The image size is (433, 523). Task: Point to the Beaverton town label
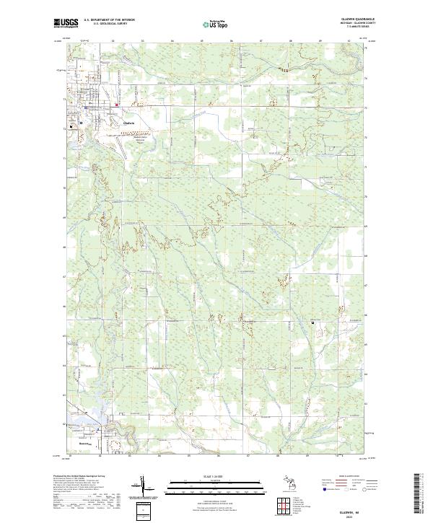[x=86, y=444]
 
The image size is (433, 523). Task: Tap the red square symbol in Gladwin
[x=117, y=105]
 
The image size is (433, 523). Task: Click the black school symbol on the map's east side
[x=312, y=322]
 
